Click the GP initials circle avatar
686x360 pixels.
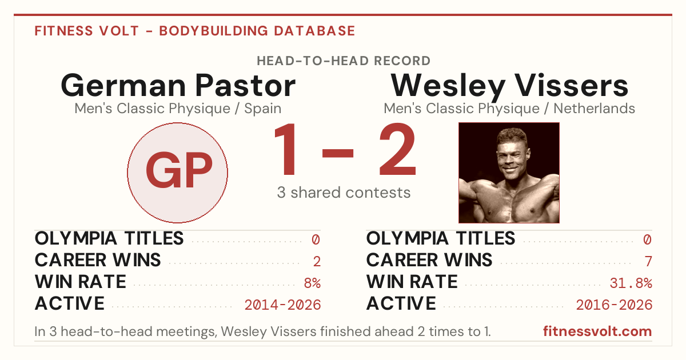(177, 173)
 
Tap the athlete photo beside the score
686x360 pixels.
(509, 173)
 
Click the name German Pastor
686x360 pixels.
(178, 85)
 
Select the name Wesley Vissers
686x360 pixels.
(509, 86)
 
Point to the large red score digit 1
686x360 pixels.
(286, 149)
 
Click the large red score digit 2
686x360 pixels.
(397, 149)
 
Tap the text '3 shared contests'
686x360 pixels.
(344, 193)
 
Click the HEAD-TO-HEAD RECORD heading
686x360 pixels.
(344, 61)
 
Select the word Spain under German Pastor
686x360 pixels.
(263, 109)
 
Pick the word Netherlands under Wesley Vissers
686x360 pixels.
(594, 109)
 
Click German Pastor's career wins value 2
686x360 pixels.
(317, 262)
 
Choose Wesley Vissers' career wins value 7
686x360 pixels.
(648, 262)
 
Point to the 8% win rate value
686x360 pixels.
(312, 283)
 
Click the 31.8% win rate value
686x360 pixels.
(631, 283)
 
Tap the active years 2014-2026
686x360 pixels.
(282, 305)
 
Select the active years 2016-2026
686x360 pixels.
(614, 305)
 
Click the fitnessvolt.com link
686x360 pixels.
(597, 331)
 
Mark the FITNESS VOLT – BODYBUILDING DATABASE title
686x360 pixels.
(195, 31)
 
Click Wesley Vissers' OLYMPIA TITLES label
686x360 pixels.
(441, 238)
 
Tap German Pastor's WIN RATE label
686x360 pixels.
(81, 282)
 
